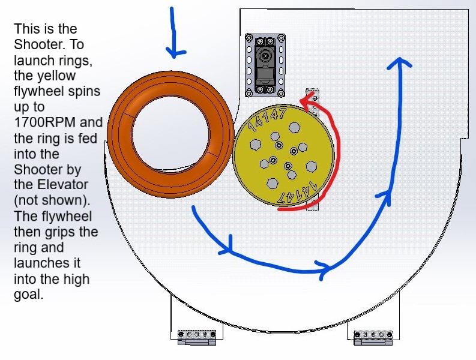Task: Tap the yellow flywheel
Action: [x=283, y=156]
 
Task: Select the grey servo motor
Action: [x=265, y=65]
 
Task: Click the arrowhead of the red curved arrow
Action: [x=307, y=100]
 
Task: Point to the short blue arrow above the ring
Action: [x=174, y=32]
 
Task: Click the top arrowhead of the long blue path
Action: [x=400, y=63]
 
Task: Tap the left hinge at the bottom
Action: [x=197, y=338]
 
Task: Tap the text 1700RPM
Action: [x=44, y=122]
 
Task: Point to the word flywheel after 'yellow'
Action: [x=57, y=91]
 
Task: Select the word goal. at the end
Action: [x=29, y=295]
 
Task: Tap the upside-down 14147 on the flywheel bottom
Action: [x=298, y=192]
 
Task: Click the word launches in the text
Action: [x=47, y=263]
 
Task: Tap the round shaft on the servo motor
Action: [x=266, y=56]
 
